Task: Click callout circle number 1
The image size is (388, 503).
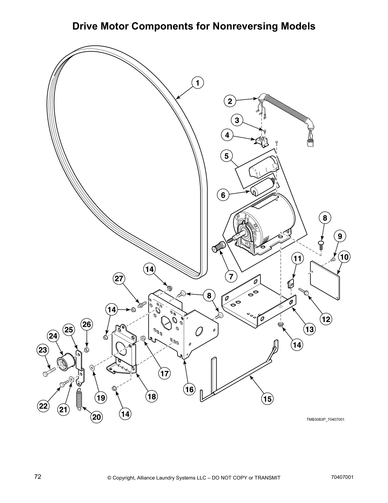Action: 197,83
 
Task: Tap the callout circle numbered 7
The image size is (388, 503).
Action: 231,276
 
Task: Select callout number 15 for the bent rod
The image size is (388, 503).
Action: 268,399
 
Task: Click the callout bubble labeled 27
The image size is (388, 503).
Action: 119,279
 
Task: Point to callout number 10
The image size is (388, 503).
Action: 344,257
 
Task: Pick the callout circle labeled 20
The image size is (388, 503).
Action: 96,417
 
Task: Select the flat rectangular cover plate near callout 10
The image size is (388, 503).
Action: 325,279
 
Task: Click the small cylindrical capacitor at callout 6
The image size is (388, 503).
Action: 262,188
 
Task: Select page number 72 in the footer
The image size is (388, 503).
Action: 38,477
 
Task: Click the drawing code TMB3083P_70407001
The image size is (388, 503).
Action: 325,419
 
